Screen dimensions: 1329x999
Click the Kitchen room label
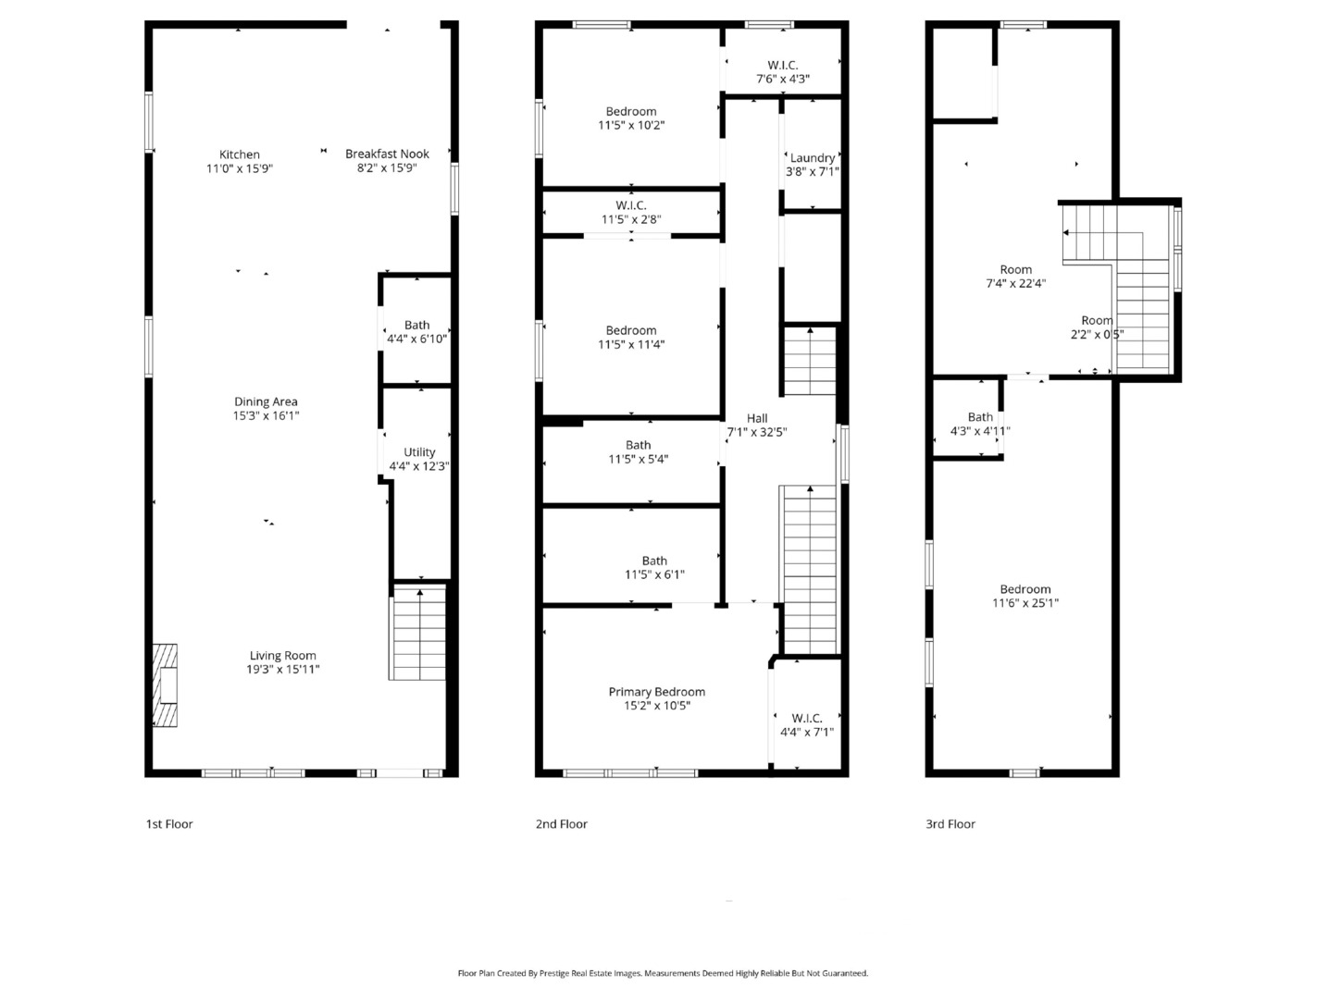click(x=239, y=154)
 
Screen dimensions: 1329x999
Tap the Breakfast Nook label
click(x=387, y=154)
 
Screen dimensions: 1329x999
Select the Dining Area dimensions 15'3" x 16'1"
click(x=266, y=415)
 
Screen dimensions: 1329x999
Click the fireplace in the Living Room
click(x=165, y=684)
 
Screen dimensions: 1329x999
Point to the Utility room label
click(x=419, y=452)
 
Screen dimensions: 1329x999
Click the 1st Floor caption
click(x=169, y=823)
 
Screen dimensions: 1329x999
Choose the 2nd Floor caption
click(x=561, y=823)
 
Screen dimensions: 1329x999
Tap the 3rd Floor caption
click(x=950, y=823)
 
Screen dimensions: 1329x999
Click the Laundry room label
click(x=813, y=158)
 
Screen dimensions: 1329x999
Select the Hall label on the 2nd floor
click(x=757, y=418)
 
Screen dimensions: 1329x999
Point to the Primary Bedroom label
click(x=657, y=692)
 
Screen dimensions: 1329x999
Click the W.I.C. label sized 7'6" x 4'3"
click(x=783, y=65)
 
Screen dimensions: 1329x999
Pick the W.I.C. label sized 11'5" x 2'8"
click(x=631, y=205)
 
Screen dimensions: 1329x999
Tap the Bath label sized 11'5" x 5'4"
click(x=639, y=445)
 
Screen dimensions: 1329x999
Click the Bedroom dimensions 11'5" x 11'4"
click(x=631, y=344)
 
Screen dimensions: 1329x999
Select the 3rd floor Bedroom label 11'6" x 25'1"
click(x=1025, y=588)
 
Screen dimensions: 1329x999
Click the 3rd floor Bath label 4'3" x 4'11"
click(x=980, y=417)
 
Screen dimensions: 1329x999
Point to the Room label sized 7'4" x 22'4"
click(x=1015, y=269)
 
